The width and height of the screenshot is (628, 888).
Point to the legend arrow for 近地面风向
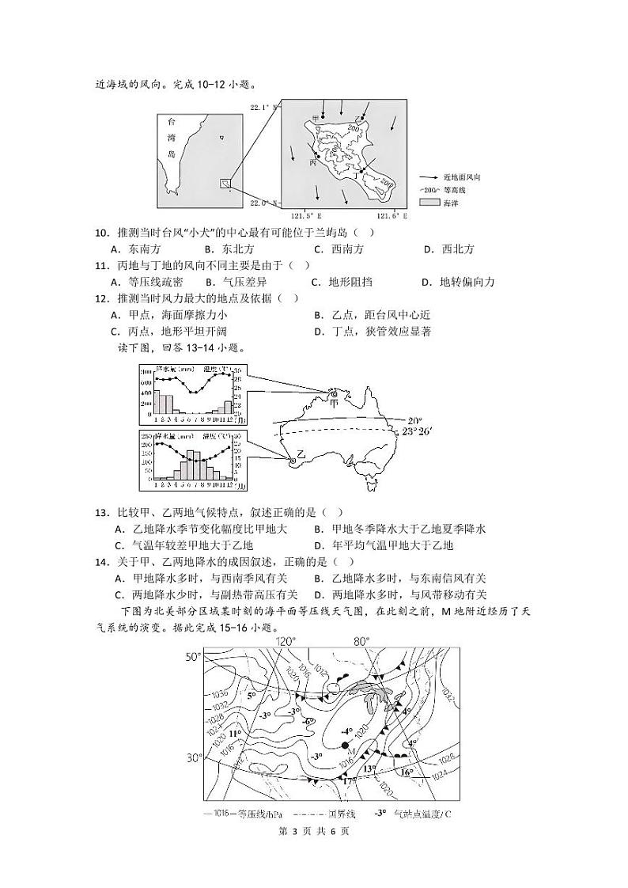coord(429,178)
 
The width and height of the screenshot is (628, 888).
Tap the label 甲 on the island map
coord(315,119)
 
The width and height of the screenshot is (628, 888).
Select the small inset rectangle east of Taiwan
coord(225,184)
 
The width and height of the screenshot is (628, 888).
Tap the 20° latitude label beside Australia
coord(415,420)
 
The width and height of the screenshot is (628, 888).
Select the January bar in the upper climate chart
coord(157,401)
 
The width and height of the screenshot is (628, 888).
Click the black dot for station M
coord(345,746)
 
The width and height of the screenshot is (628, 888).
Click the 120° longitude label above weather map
coord(285,641)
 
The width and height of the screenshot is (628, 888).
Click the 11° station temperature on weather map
coord(235,734)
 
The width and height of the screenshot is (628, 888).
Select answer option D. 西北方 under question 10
coord(448,249)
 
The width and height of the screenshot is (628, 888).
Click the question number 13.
coord(100,512)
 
